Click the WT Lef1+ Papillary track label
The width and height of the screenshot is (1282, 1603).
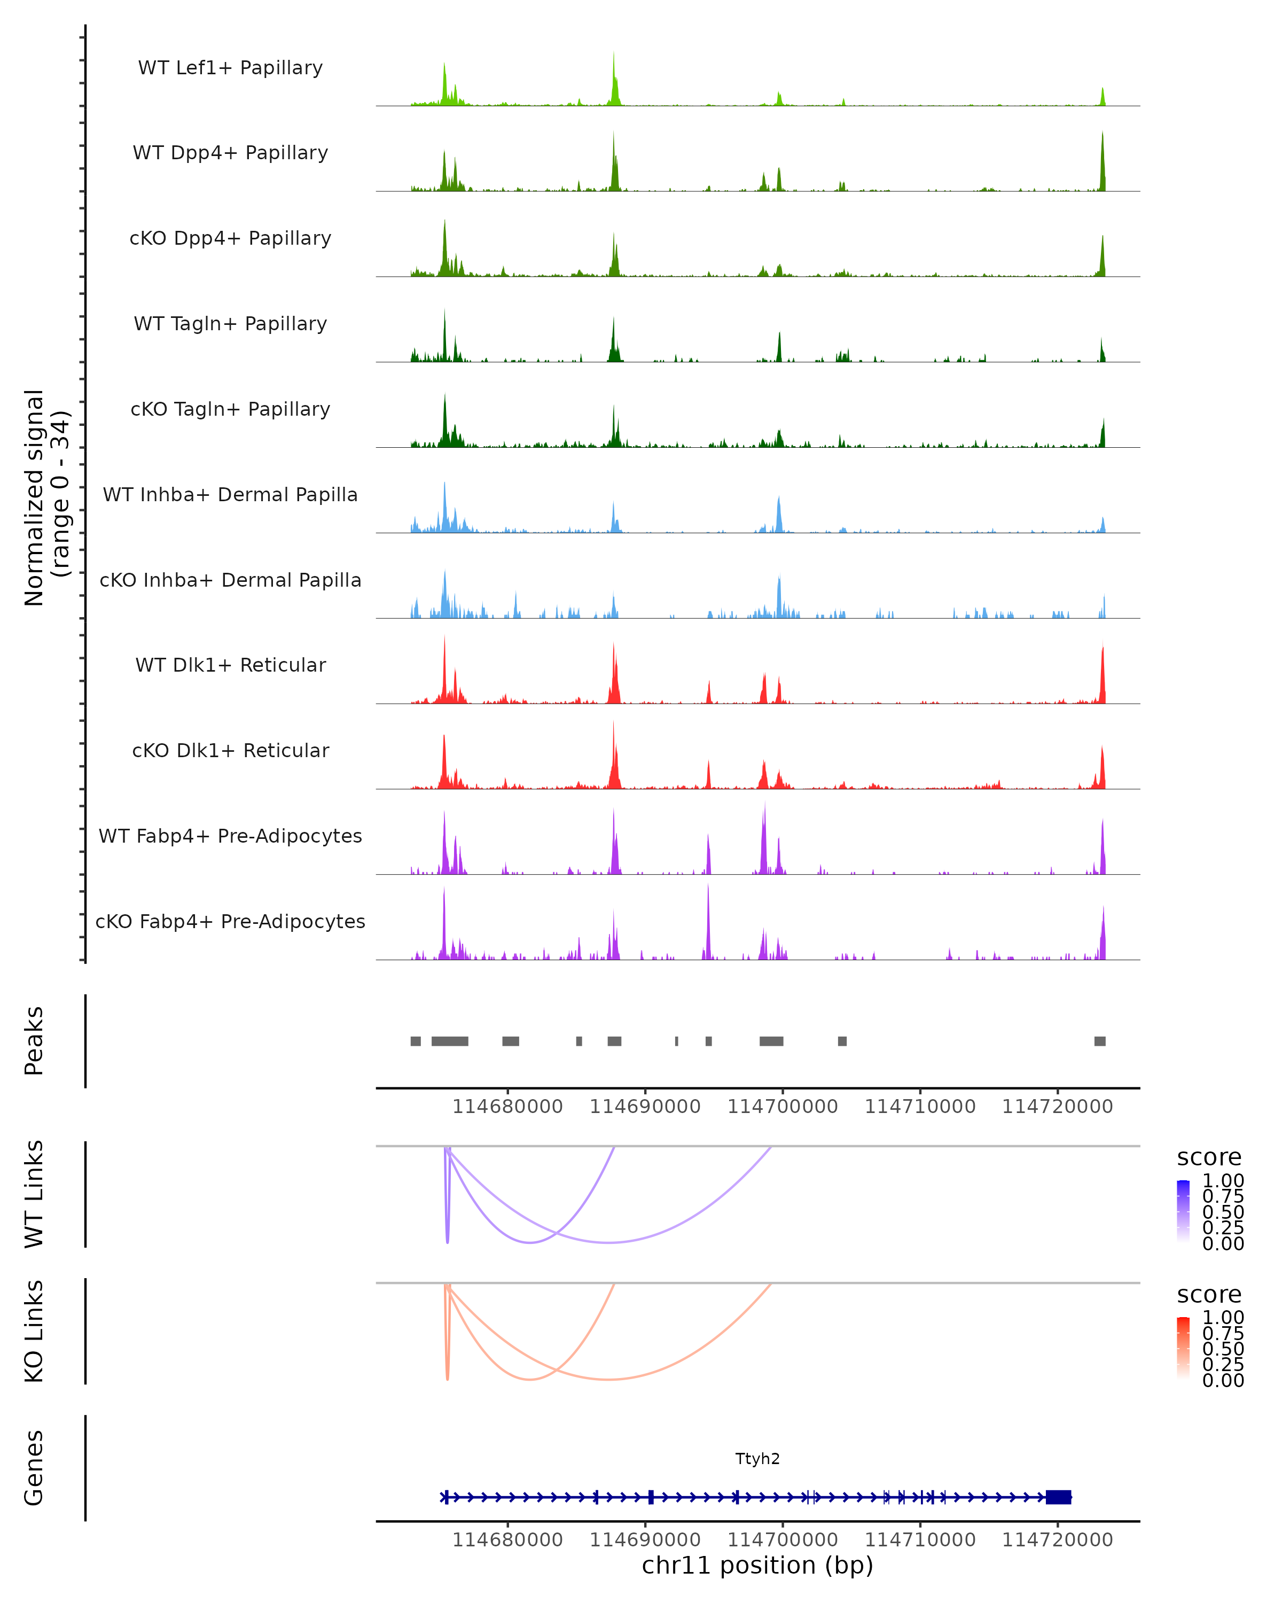(x=230, y=68)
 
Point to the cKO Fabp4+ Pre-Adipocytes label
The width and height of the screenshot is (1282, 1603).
(x=230, y=921)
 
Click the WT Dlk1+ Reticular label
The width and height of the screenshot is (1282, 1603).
(x=230, y=665)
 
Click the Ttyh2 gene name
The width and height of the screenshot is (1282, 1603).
(x=757, y=1458)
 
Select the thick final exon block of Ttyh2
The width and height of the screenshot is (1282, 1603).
(x=1058, y=1497)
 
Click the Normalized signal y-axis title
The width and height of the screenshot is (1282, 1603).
(x=46, y=497)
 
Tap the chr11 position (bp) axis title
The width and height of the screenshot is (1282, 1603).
(x=757, y=1565)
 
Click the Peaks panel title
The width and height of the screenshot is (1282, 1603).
(x=34, y=1040)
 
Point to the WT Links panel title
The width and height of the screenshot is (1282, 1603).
(x=34, y=1193)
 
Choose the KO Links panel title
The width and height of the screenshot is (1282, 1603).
(x=34, y=1331)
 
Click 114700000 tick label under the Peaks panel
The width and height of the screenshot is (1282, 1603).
(x=783, y=1107)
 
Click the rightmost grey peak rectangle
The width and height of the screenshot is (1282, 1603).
(x=1100, y=1041)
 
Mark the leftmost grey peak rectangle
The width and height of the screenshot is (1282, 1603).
(x=416, y=1041)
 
